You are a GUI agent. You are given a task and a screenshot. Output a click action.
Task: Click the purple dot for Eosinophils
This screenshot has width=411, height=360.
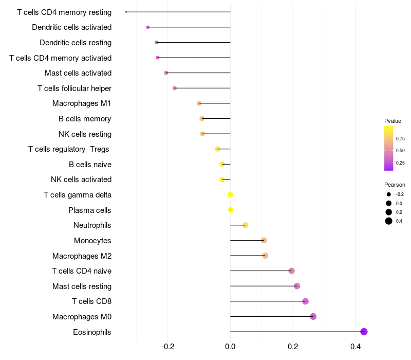(x=364, y=332)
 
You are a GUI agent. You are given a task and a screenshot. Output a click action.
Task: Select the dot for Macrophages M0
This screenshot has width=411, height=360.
(x=313, y=316)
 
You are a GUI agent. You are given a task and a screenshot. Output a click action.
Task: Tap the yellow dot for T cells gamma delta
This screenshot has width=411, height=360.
(x=230, y=195)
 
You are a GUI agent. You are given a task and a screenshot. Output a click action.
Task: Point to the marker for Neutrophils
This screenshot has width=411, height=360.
(x=246, y=225)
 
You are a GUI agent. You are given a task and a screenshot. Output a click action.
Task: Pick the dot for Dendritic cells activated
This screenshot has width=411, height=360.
(x=148, y=27)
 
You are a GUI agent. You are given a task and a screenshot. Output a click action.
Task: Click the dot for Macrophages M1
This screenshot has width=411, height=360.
(x=199, y=103)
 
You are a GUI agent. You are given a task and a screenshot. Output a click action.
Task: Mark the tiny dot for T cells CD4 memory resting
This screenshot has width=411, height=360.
(x=126, y=12)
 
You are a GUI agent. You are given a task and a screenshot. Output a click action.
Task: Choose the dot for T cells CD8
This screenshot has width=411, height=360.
(x=305, y=301)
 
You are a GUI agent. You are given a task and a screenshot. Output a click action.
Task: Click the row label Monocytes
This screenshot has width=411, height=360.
(x=92, y=241)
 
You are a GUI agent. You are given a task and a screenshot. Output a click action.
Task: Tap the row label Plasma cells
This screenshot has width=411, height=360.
(x=89, y=210)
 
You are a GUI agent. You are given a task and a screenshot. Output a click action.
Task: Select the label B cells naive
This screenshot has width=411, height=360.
(x=90, y=165)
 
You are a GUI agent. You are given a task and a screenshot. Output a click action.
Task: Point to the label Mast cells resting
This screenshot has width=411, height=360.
(x=82, y=286)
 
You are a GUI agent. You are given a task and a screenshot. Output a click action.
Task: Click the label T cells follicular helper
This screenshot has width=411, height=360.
(x=74, y=88)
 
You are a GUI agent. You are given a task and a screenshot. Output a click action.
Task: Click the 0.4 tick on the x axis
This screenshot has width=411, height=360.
(x=356, y=347)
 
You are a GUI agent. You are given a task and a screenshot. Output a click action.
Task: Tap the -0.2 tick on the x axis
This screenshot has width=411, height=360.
(x=168, y=347)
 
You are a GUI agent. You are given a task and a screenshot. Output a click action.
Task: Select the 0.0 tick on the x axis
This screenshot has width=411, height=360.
(x=230, y=347)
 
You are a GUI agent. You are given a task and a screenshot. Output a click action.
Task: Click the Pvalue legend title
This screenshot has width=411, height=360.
(x=393, y=121)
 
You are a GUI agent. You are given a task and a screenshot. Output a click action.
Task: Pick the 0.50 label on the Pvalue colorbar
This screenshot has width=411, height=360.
(x=400, y=151)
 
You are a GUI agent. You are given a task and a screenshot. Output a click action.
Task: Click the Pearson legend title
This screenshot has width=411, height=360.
(x=395, y=185)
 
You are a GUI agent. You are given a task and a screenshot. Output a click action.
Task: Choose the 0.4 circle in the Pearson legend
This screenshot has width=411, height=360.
(x=389, y=221)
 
